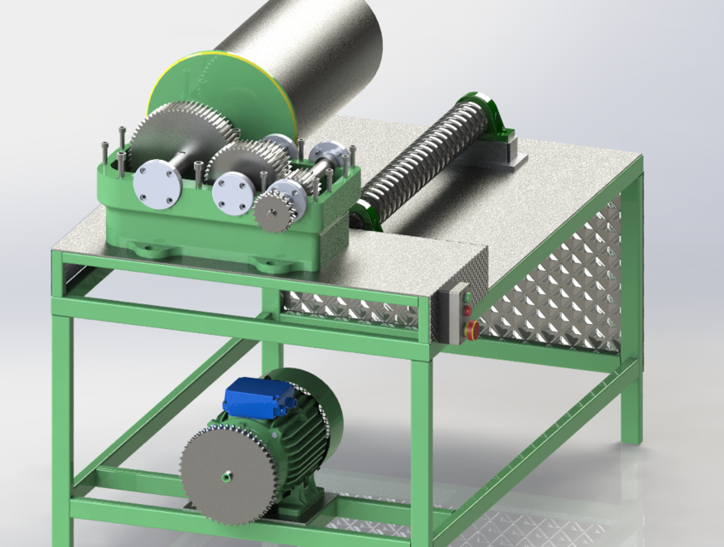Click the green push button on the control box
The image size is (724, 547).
point(467,294)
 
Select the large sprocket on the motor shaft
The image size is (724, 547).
point(225,472)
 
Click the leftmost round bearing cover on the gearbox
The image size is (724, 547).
point(157,182)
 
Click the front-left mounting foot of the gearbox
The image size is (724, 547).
point(149,249)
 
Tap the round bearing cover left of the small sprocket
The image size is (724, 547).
point(233,194)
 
